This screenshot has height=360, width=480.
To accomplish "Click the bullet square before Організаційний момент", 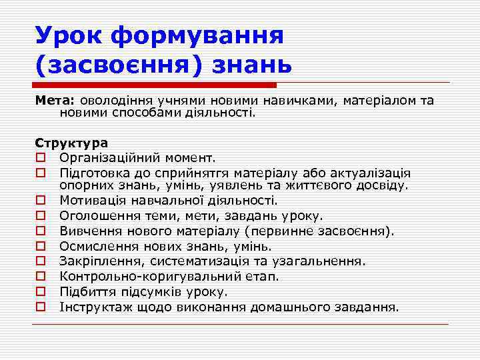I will pyautogui.click(x=41, y=158).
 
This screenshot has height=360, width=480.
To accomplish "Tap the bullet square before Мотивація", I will pyautogui.click(x=41, y=201).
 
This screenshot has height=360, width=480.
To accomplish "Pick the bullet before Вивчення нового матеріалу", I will pyautogui.click(x=41, y=231).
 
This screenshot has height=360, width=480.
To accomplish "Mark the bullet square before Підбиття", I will pyautogui.click(x=41, y=293).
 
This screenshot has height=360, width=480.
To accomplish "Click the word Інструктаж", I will pyautogui.click(x=95, y=307).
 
